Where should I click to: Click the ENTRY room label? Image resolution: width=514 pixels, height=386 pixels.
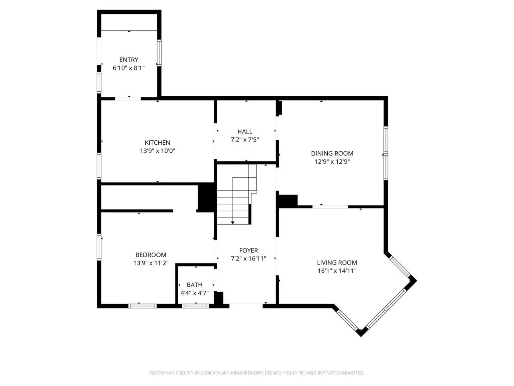[128, 60]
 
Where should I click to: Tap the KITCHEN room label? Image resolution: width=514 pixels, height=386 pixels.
[157, 142]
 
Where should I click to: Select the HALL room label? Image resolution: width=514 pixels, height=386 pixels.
[245, 131]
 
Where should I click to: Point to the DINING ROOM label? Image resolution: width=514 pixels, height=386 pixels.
[332, 153]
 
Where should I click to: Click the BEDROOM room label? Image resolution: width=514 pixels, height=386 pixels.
[151, 255]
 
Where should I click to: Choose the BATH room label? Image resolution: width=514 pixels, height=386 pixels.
[194, 285]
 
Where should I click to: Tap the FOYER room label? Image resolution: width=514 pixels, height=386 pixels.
[249, 250]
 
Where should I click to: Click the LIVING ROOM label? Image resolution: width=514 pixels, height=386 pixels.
[337, 263]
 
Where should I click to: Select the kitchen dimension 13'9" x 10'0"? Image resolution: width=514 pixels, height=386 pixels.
[157, 151]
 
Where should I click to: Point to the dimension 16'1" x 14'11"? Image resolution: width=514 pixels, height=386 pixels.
[337, 271]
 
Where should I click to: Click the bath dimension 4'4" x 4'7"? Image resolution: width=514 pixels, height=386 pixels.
[194, 293]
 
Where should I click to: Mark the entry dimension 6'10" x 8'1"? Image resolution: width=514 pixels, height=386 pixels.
[128, 68]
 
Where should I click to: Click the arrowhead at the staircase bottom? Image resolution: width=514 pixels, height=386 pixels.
[233, 223]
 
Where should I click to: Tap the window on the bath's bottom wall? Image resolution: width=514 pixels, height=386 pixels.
[195, 306]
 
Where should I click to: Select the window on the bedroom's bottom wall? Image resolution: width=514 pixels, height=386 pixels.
[143, 306]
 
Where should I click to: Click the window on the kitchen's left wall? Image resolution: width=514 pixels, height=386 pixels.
[99, 166]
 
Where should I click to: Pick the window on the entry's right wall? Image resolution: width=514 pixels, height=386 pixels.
[159, 53]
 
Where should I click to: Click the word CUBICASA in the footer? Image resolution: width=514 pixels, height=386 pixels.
[210, 373]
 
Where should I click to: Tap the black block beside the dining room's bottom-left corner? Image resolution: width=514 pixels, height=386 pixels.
[288, 201]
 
